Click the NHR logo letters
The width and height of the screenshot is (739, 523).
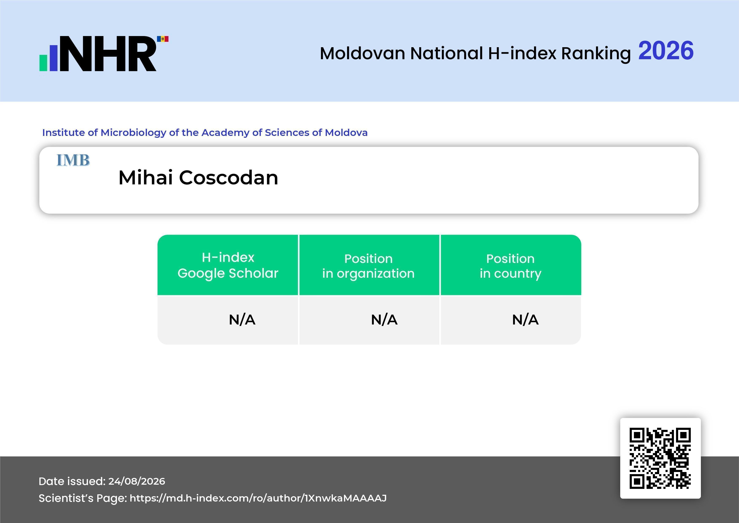pos(108,54)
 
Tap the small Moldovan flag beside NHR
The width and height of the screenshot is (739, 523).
pos(163,39)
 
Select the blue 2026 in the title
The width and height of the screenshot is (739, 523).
pos(666,51)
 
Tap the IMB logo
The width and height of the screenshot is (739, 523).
pos(73,160)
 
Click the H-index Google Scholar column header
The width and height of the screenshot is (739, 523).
pos(228,265)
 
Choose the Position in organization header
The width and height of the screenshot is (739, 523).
pos(369,266)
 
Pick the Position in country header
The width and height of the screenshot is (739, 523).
pos(510,266)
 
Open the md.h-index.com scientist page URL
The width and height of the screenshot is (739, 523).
pos(258,498)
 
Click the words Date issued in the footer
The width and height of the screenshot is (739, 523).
pos(72,481)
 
